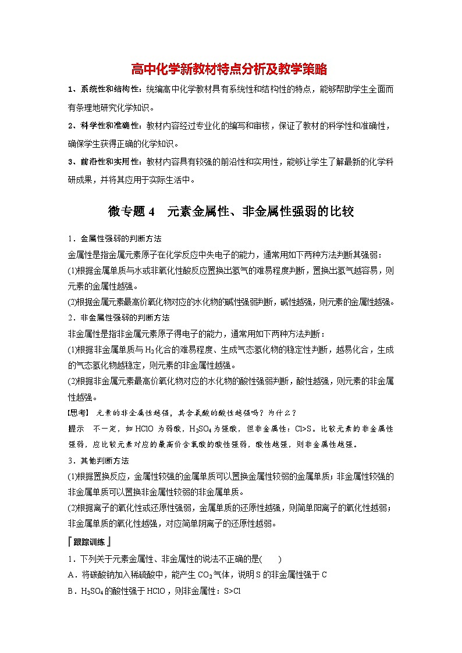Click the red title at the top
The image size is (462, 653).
[x=229, y=70]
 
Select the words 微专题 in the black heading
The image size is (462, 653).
[x=126, y=212]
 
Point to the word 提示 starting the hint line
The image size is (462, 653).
[x=76, y=429]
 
